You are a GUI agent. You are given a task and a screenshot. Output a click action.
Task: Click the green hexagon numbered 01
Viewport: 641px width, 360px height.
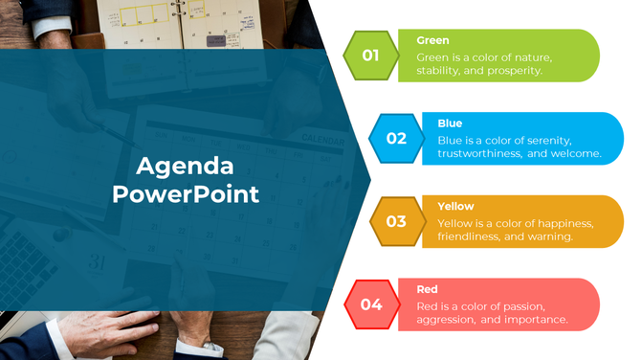pos(370,56)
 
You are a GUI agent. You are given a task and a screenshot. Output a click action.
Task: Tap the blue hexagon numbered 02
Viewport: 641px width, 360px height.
pos(395,139)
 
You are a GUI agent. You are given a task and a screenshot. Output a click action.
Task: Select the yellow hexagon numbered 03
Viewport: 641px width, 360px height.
pos(395,221)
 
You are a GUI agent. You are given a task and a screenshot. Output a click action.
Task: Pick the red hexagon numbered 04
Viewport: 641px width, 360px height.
pos(370,304)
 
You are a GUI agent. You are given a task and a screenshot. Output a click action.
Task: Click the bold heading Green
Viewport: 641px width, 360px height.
pos(432,40)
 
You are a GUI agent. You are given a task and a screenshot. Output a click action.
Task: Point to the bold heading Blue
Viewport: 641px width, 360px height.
pos(450,124)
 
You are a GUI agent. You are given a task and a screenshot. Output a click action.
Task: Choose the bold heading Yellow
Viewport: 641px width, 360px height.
pos(455,206)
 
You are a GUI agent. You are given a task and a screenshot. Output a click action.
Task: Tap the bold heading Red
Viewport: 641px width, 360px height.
pos(427,289)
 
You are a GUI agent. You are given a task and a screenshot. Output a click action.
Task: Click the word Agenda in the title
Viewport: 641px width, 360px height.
pos(185,166)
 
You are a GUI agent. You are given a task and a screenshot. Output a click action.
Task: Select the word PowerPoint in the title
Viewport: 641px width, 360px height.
pos(185,194)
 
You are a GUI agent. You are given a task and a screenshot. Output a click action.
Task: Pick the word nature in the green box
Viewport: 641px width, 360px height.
pos(528,56)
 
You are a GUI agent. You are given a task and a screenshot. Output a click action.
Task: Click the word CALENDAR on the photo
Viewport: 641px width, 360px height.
pos(322,140)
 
